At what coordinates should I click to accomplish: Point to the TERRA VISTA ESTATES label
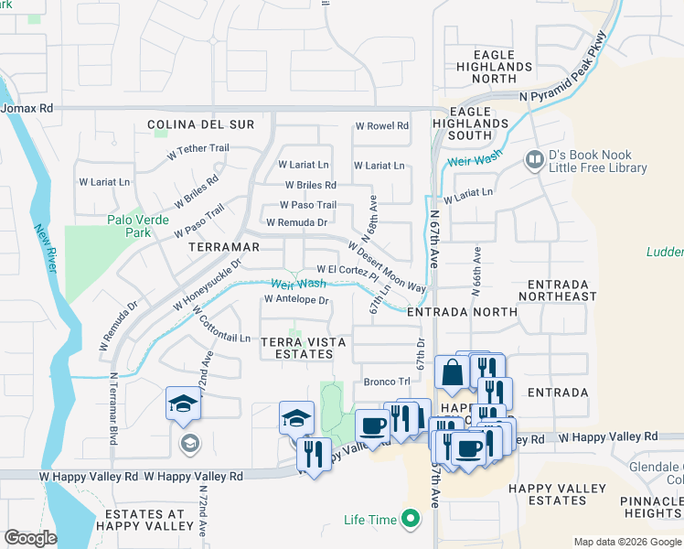304,348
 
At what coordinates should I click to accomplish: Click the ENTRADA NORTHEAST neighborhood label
557,290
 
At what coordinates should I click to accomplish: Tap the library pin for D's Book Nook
535,161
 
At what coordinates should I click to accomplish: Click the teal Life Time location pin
411,520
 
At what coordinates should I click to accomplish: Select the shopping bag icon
452,373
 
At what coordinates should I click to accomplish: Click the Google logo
30,538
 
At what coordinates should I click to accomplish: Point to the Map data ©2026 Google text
627,542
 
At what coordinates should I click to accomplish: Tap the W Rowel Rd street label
381,125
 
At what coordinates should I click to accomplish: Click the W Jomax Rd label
27,108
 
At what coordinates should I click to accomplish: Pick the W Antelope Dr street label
295,299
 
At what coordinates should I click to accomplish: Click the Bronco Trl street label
385,382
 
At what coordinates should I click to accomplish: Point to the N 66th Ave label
476,272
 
